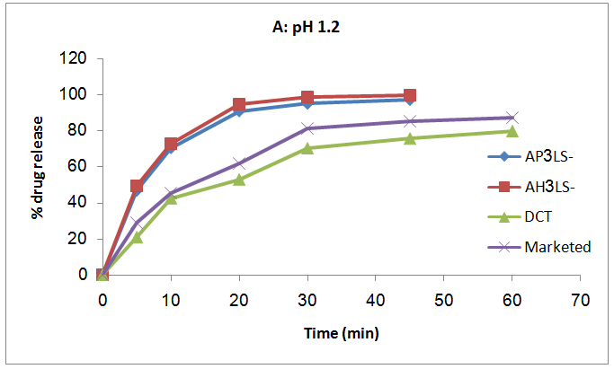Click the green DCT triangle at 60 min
click(512, 131)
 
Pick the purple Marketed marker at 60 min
click(512, 118)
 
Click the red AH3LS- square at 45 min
click(409, 95)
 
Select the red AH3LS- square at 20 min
click(238, 105)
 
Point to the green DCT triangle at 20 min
click(238, 180)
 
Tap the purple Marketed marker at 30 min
click(307, 128)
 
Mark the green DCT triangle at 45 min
click(409, 138)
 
